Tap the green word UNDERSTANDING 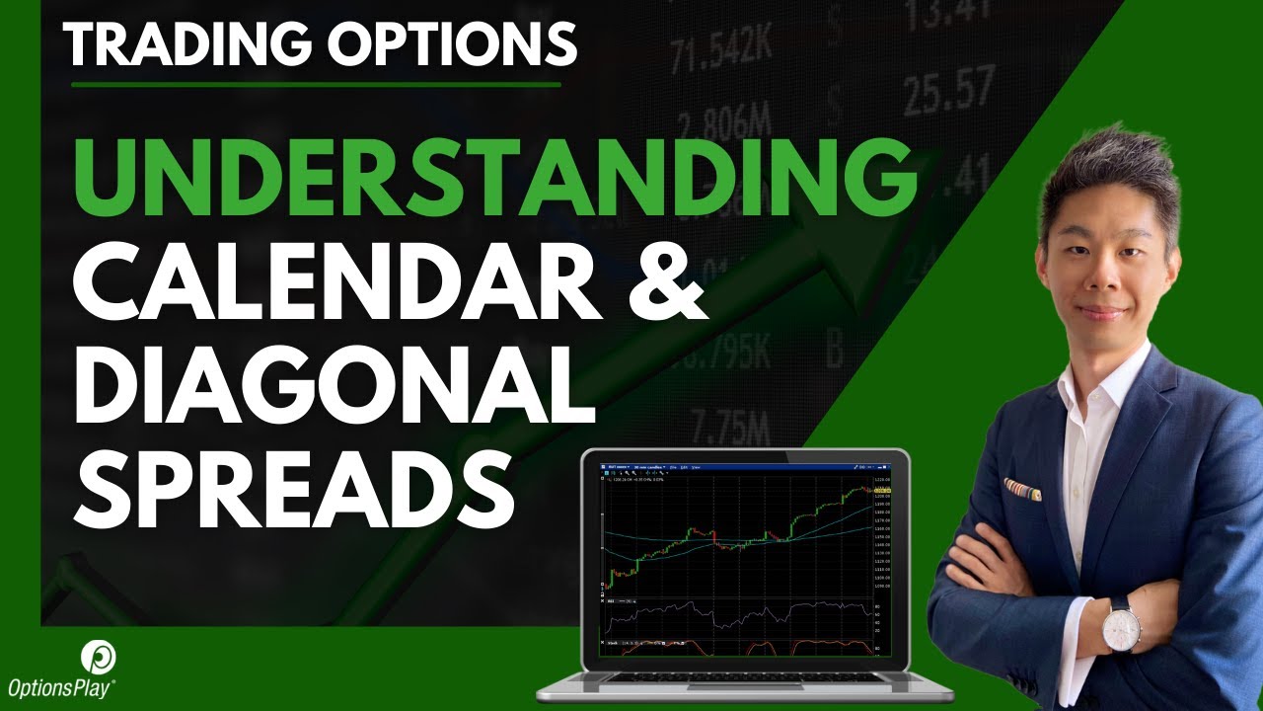pos(490,179)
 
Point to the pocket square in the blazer pos(1021,489)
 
